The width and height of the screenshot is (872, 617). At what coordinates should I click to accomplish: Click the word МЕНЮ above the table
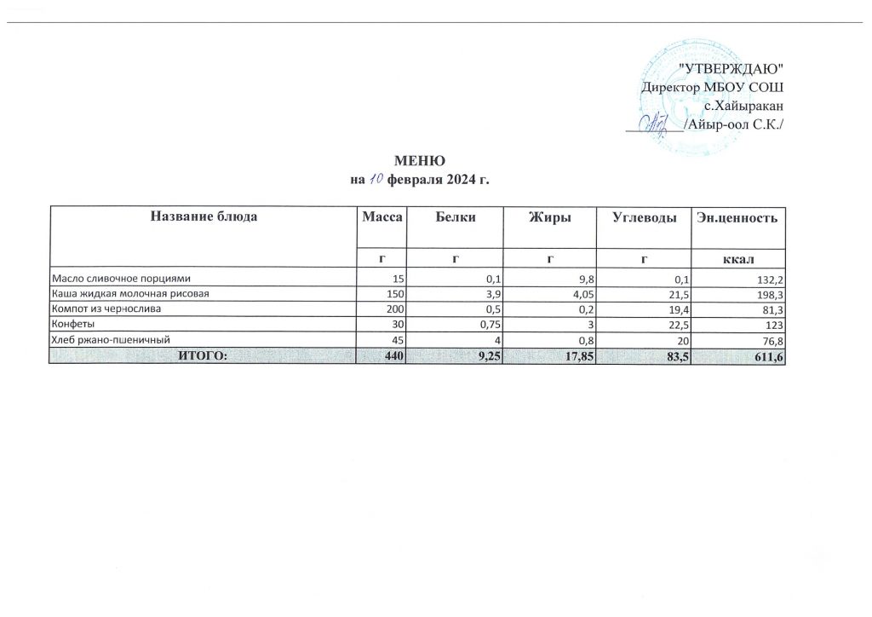tap(417, 162)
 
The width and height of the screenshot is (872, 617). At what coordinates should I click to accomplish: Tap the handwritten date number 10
tap(376, 180)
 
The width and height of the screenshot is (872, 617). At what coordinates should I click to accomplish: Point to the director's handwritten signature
tap(657, 124)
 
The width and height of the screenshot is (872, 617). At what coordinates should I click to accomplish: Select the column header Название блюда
tap(203, 217)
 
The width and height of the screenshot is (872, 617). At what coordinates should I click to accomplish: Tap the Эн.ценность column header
tap(737, 218)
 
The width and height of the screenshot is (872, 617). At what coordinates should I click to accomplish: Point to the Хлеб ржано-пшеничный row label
tap(106, 340)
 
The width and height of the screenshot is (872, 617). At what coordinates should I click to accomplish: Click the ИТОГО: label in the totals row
tap(202, 356)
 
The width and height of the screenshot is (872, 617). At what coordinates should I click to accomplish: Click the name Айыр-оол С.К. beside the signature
tap(736, 125)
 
